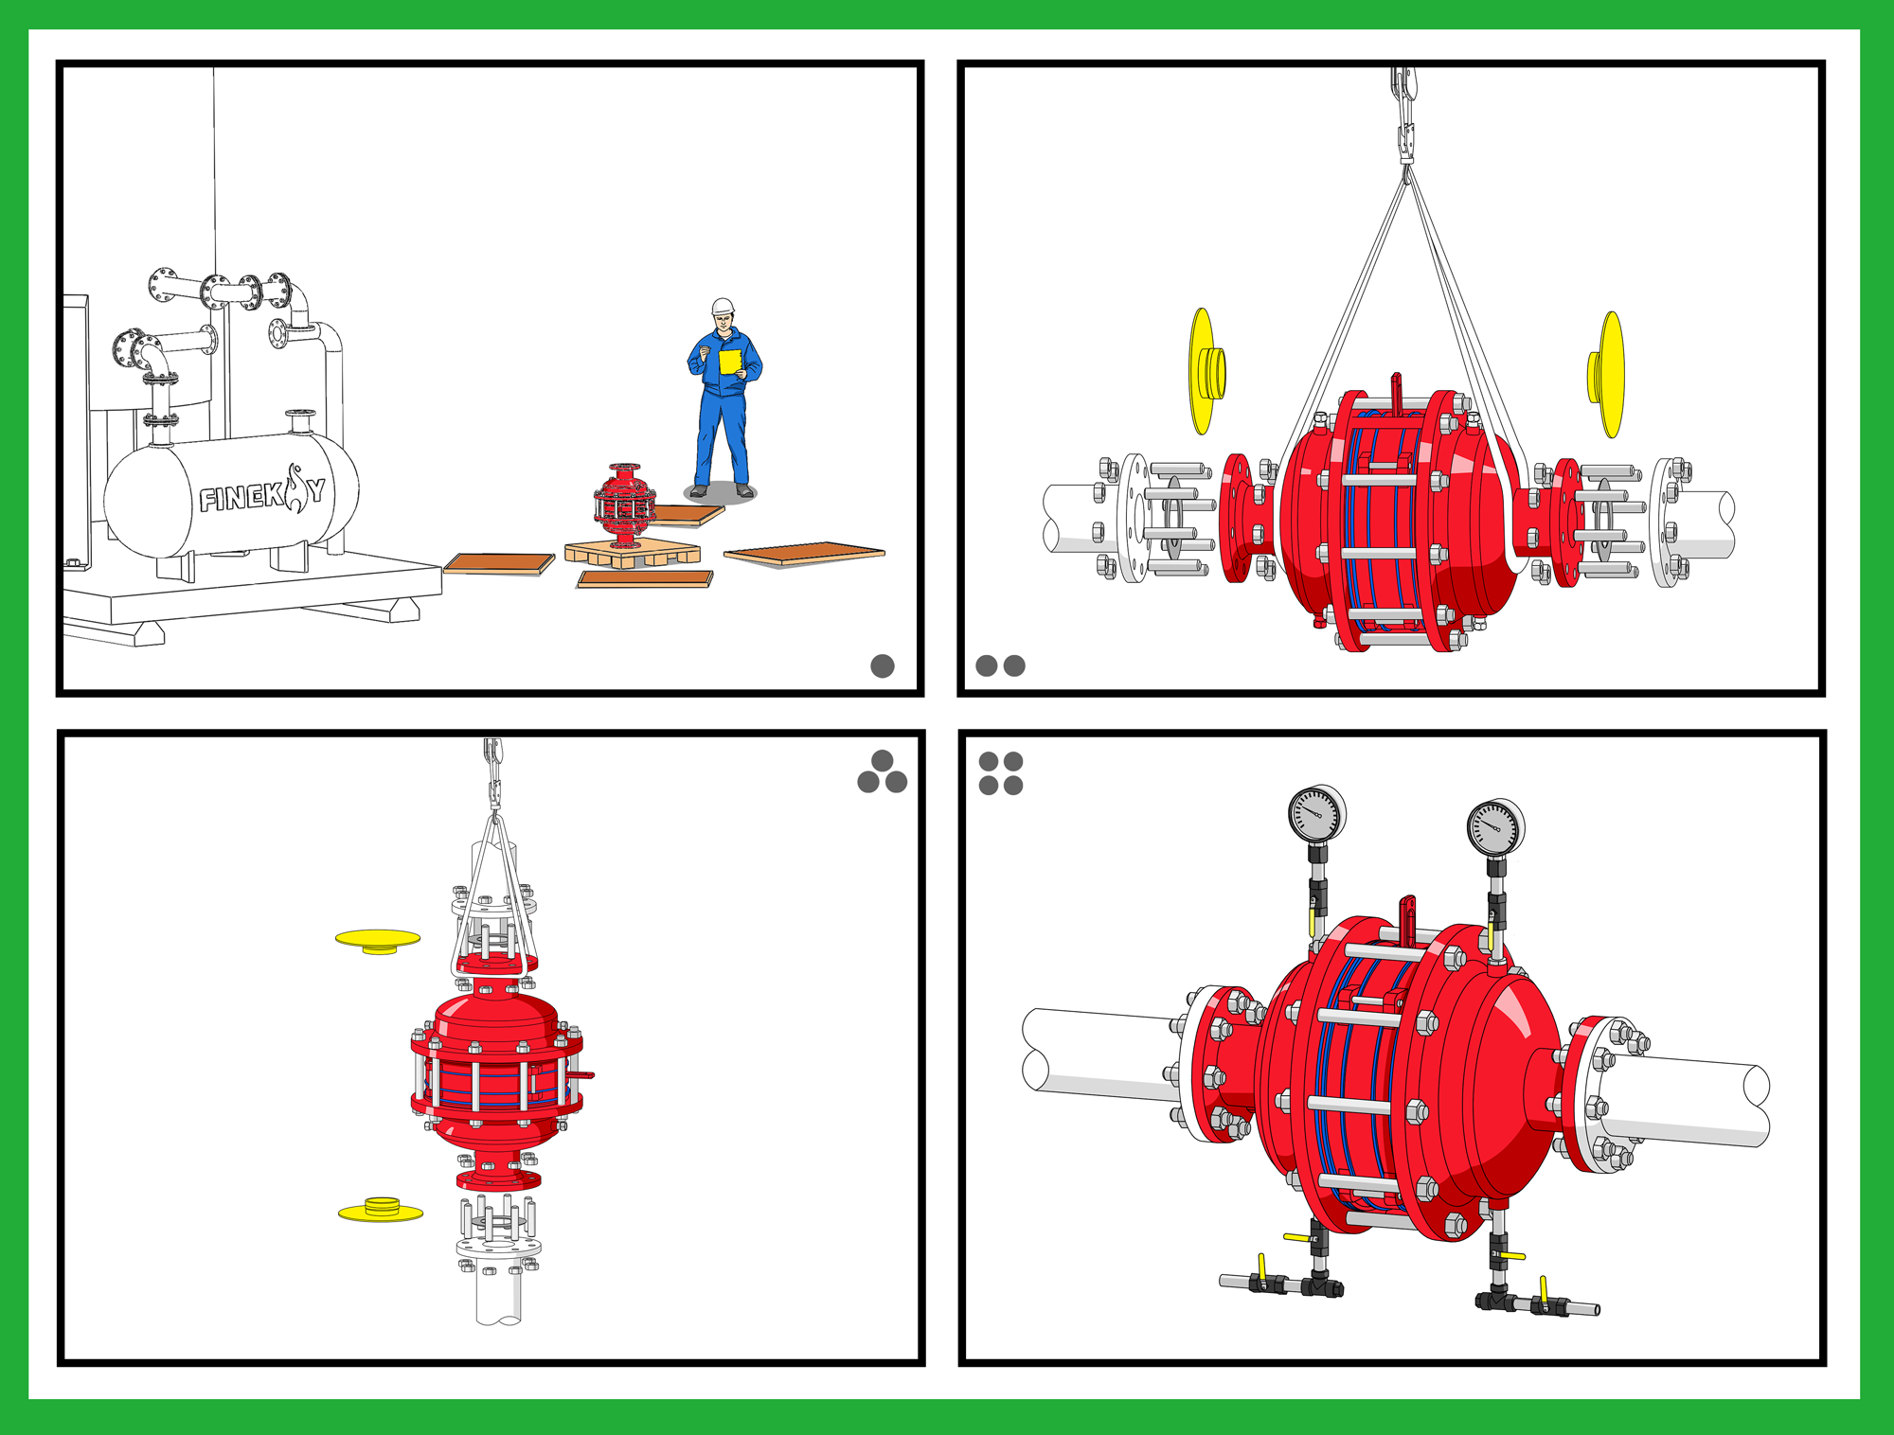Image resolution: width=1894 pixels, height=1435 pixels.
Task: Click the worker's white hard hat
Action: [x=724, y=307]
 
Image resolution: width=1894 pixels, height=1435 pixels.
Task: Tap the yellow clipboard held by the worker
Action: [x=730, y=362]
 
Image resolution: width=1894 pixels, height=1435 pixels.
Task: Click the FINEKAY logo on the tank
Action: [x=262, y=491]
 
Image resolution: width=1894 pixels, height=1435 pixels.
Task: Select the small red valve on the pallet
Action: [x=624, y=505]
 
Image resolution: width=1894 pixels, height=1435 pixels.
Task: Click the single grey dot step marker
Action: [x=883, y=666]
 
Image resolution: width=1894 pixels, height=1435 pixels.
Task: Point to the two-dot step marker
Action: [x=1000, y=665]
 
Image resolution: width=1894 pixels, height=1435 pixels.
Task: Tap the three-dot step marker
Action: [x=883, y=771]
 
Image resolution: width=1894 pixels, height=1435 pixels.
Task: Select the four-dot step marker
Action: [x=1001, y=773]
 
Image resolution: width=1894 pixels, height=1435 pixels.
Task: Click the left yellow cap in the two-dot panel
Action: [x=1206, y=371]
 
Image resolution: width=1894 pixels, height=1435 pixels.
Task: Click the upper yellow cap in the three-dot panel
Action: [x=378, y=940]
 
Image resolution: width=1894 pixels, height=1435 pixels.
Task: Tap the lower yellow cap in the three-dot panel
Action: [x=381, y=1210]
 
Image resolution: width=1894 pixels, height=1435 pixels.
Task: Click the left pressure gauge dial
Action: [x=1316, y=813]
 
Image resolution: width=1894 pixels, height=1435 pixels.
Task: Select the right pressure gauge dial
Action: [x=1495, y=827]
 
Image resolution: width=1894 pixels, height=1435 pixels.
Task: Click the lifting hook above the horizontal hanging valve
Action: [x=1404, y=114]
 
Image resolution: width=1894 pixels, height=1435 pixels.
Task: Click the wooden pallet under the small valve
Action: [x=633, y=554]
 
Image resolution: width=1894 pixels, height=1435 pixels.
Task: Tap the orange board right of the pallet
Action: [x=804, y=554]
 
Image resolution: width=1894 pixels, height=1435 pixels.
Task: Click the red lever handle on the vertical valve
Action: [x=580, y=1075]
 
